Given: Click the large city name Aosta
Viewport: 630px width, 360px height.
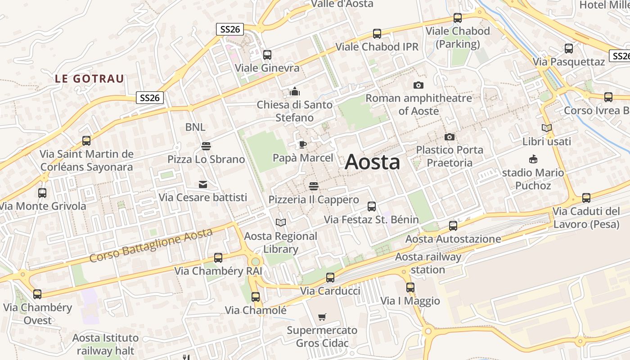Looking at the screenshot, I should pos(372,162).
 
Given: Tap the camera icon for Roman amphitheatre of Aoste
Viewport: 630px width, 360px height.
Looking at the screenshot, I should pos(418,85).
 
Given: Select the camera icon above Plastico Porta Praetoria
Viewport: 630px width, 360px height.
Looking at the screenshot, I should pos(449,137).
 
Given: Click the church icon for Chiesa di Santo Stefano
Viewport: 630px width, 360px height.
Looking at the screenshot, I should pos(295,92).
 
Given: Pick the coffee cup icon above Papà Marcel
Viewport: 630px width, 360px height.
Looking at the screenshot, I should pos(303,144).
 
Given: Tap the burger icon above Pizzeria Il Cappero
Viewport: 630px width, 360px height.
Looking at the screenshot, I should pos(314,186).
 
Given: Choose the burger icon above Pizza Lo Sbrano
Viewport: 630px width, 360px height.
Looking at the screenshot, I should pos(206,146).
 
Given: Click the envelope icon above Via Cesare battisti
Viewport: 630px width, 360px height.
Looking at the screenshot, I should pos(203,184).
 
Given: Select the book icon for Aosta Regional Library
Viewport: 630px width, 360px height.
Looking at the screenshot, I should pos(281,222).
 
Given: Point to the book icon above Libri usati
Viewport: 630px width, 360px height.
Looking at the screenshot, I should pos(547,128).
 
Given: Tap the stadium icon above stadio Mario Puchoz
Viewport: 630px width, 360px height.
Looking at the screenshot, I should pos(533,159).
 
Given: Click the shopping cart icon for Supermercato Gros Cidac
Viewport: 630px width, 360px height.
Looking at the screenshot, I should pos(322,317).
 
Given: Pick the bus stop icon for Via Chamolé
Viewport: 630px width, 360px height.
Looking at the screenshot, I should pos(256,297).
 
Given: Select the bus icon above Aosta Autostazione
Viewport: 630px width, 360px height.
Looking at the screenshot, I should pos(453,225).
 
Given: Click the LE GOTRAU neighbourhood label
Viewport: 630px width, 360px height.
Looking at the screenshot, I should pos(89,79).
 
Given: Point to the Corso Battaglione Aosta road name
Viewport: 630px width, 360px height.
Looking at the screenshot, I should pos(151,245).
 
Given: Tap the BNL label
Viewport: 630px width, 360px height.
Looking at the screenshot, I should pos(195,127).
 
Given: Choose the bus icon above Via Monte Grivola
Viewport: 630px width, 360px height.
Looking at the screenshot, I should pos(42,193).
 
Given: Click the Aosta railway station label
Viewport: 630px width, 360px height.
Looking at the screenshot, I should pos(428,263).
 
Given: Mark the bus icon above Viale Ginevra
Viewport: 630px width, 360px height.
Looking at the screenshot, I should pos(267,54).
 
